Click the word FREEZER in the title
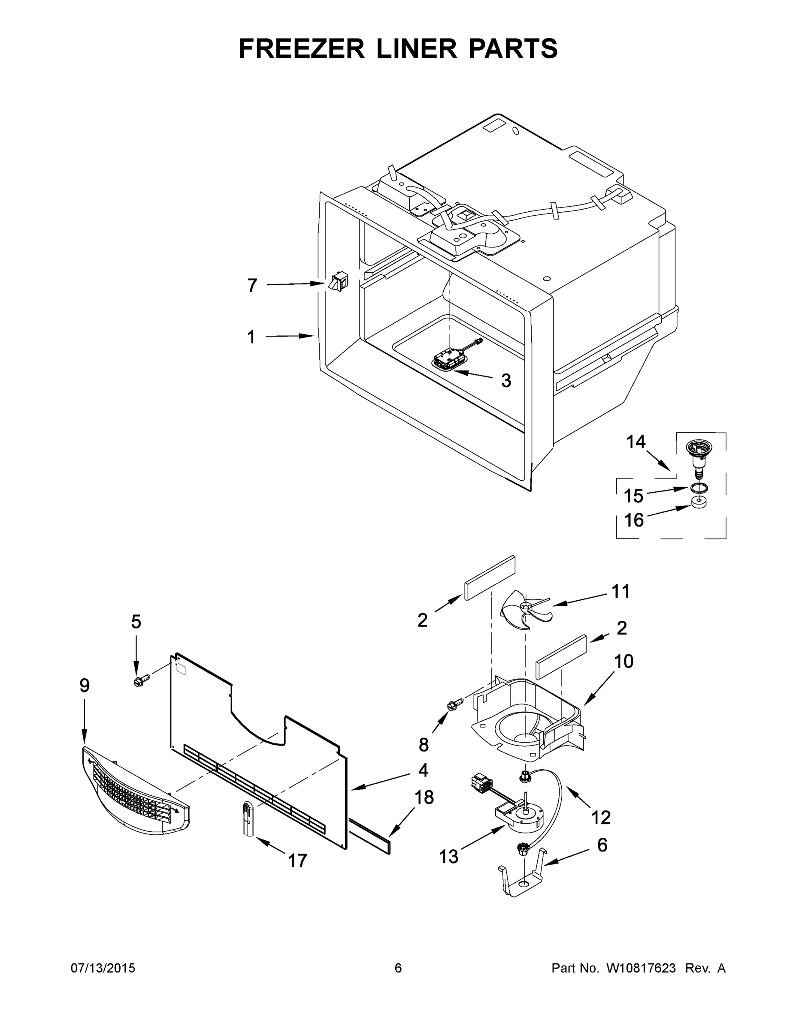coord(301,48)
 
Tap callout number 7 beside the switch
coord(252,286)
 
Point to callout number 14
coord(635,442)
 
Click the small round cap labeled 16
coord(699,503)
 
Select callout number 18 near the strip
coord(424,797)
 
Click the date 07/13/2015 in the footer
coord(103,968)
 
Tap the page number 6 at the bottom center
coord(398,968)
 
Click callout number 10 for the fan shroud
coord(623,662)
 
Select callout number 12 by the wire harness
coord(601,818)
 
